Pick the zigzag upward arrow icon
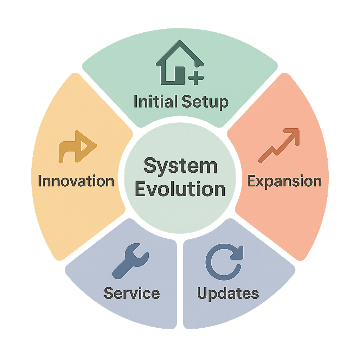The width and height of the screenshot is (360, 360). click(x=279, y=146)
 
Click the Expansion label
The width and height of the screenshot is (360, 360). click(x=284, y=181)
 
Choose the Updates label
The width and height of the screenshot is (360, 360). click(x=228, y=293)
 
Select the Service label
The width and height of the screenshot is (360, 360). click(x=132, y=293)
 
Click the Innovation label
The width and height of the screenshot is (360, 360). click(x=76, y=181)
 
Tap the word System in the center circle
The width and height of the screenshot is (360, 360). click(x=180, y=166)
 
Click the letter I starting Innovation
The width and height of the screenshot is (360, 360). click(x=40, y=181)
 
